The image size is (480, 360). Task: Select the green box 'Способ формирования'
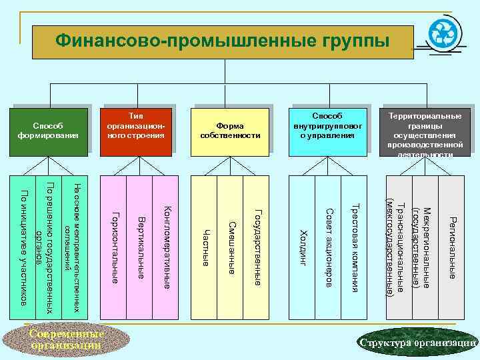(48, 131)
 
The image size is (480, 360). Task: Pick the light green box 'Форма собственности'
(230, 131)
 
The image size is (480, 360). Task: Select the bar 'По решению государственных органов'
(49, 247)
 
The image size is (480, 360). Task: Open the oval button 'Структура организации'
(417, 343)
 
